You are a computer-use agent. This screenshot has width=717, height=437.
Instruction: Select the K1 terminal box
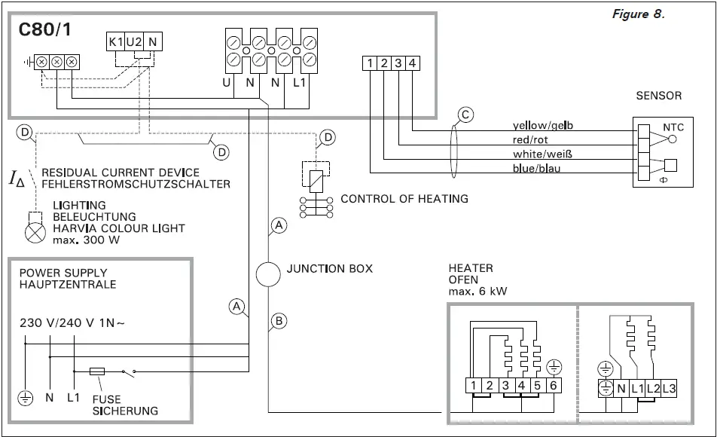[115, 43]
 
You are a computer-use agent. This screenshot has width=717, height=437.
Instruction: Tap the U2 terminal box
[134, 43]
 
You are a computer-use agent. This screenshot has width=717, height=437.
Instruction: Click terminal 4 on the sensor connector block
[412, 63]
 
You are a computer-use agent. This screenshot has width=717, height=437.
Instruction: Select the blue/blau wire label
[536, 168]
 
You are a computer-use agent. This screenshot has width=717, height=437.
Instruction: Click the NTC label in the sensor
[672, 127]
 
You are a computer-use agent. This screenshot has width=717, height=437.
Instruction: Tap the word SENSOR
[658, 96]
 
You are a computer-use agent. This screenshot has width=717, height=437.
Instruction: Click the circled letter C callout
[466, 115]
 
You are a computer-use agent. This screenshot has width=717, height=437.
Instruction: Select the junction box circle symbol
[268, 274]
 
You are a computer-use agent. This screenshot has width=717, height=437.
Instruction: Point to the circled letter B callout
[278, 321]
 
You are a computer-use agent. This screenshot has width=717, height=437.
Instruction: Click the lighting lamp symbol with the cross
[35, 233]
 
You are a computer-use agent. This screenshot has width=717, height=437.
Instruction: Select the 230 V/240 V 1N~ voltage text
[72, 323]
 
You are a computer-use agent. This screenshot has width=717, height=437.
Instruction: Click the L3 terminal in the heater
[668, 389]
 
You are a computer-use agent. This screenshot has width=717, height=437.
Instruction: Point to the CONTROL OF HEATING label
[404, 199]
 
